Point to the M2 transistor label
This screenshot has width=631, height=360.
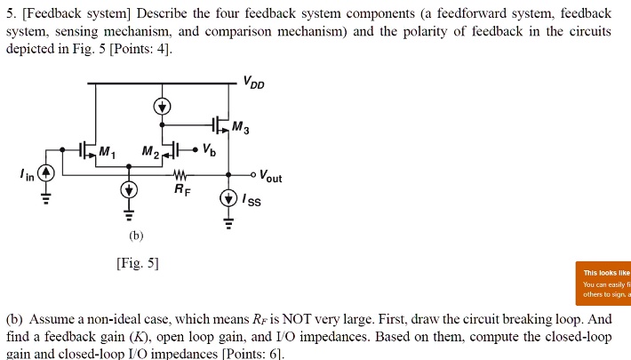[x=150, y=153]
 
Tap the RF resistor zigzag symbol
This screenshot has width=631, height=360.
[x=180, y=174]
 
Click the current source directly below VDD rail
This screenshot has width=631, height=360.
[x=162, y=108]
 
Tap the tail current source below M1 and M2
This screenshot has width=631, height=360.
[x=130, y=190]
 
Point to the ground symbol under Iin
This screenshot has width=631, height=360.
[x=50, y=200]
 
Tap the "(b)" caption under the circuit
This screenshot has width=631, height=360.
[x=136, y=236]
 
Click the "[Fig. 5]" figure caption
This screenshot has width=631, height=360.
[x=138, y=263]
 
